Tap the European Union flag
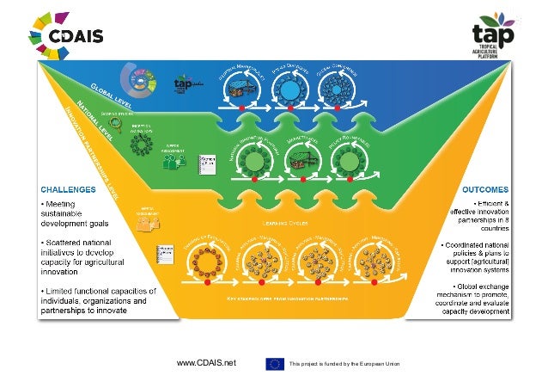click(x=275, y=364)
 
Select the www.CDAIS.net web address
click(x=205, y=364)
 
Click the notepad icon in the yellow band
click(x=159, y=256)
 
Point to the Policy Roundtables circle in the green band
click(x=349, y=160)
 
